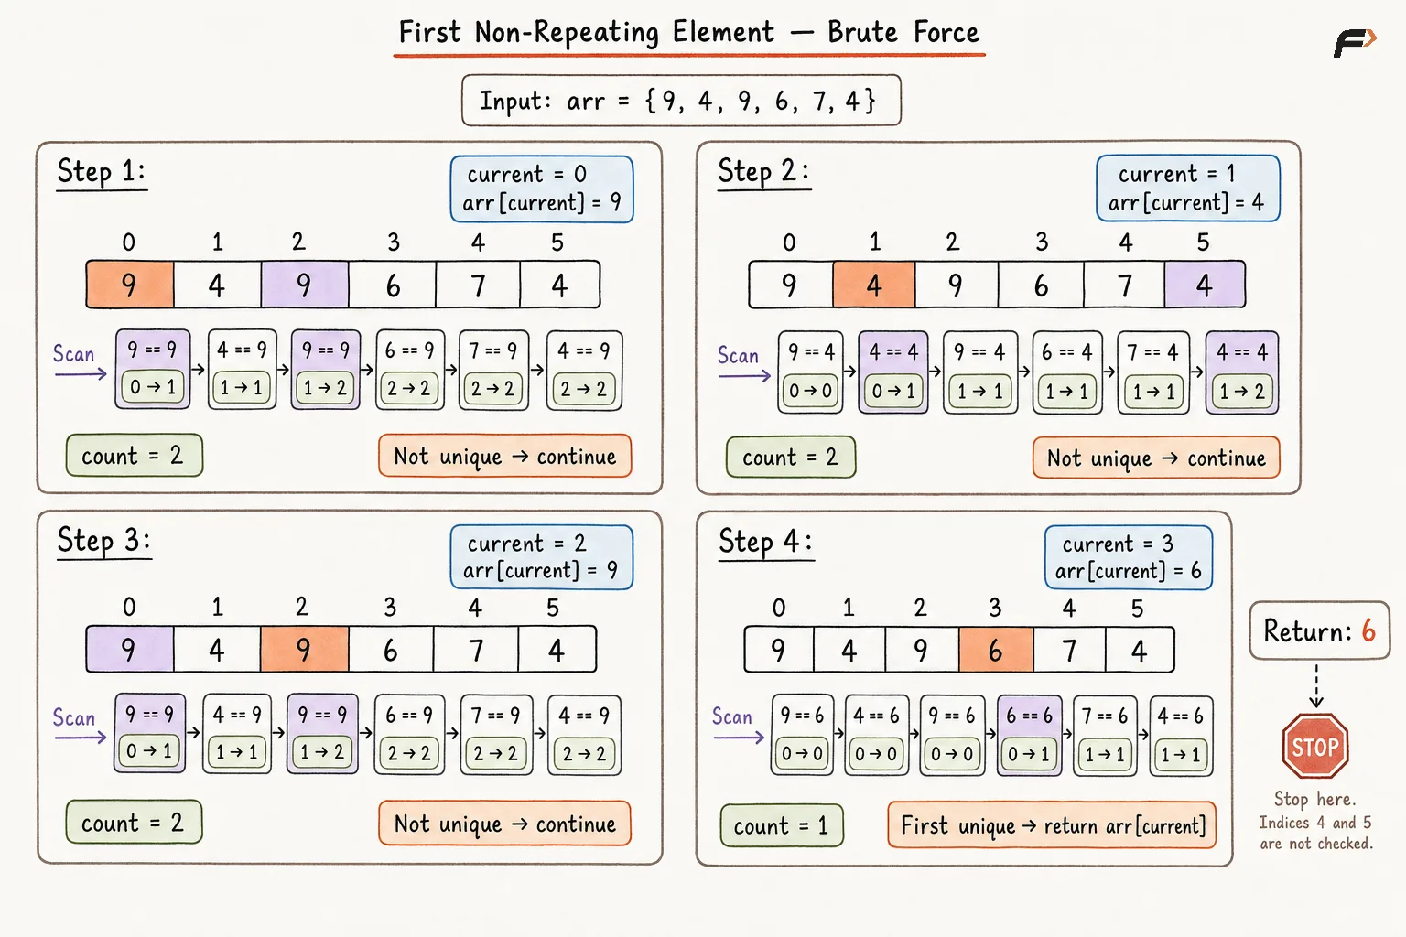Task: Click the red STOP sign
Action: click(x=1315, y=746)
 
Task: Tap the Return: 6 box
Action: click(x=1319, y=630)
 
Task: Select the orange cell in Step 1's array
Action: click(x=130, y=285)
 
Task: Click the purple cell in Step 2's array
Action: click(x=1205, y=285)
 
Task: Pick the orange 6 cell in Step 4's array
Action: click(x=996, y=650)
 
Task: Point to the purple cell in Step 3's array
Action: click(x=130, y=649)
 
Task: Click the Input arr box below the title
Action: click(x=681, y=101)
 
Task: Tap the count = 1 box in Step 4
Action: click(x=782, y=825)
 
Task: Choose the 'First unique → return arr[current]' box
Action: click(x=1052, y=824)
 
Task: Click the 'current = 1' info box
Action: click(x=1187, y=188)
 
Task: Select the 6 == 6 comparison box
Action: click(x=1030, y=735)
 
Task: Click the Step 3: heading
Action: click(x=104, y=541)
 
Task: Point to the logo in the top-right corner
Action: click(x=1355, y=43)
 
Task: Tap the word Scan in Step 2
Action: click(x=738, y=355)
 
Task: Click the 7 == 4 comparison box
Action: click(x=1153, y=372)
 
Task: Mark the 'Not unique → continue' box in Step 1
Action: click(x=504, y=456)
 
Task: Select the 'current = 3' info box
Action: click(x=1129, y=557)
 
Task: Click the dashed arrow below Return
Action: click(x=1316, y=686)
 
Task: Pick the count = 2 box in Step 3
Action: click(x=135, y=822)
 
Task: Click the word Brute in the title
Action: click(x=862, y=32)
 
